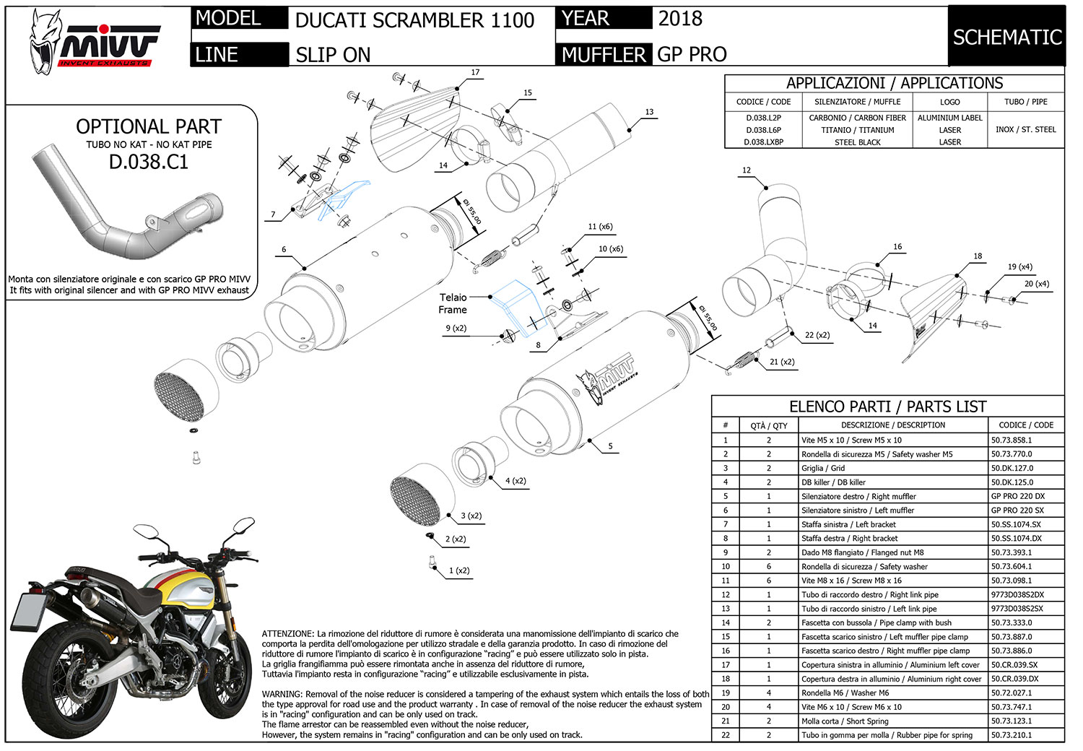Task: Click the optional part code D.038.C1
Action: [x=149, y=161]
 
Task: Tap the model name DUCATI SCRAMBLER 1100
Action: [x=414, y=20]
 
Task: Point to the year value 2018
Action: [x=679, y=19]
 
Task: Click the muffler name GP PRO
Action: [x=692, y=54]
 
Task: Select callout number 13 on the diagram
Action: [x=649, y=112]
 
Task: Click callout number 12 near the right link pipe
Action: [x=746, y=170]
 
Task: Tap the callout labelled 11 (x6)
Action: [x=600, y=227]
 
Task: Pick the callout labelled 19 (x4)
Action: [x=1019, y=267]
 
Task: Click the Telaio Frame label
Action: [x=453, y=303]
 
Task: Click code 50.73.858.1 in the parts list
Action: [x=1012, y=440]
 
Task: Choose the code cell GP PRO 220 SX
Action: [x=1017, y=511]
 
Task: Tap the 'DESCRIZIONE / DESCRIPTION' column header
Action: [x=892, y=425]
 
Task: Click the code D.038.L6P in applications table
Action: [x=763, y=130]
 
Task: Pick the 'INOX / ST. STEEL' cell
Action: [x=1025, y=129]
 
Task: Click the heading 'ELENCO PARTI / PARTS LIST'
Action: [x=887, y=407]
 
